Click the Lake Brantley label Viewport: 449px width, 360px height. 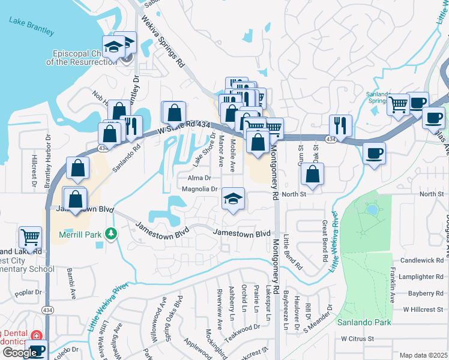click(x=31, y=26)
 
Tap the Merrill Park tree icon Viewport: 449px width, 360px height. click(x=109, y=233)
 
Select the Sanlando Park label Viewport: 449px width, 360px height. click(x=364, y=322)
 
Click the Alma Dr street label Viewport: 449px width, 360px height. click(x=199, y=178)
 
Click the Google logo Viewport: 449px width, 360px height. click(x=19, y=352)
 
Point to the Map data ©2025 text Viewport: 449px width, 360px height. click(x=424, y=355)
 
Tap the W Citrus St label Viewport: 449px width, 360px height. click(x=357, y=338)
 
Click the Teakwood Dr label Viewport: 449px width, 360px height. click(x=244, y=328)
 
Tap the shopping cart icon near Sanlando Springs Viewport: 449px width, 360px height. click(x=398, y=104)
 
